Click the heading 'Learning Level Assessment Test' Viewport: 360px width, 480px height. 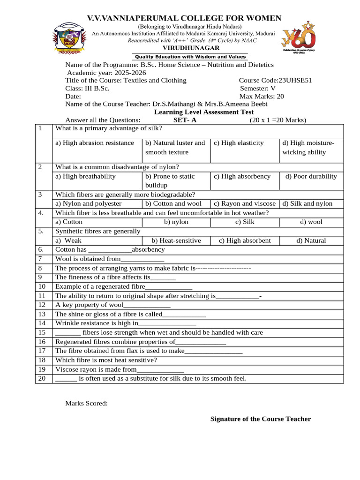pyautogui.click(x=204, y=112)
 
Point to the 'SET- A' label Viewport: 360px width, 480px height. pyautogui.click(x=185, y=120)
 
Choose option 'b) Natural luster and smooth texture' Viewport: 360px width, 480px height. pyautogui.click(x=175, y=147)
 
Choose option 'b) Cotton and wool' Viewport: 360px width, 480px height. pyautogui.click(x=173, y=203)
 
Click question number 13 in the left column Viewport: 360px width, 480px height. pyautogui.click(x=42, y=314)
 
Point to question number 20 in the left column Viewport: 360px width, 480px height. pyautogui.click(x=42, y=378)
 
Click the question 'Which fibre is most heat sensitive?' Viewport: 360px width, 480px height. pyautogui.click(x=106, y=360)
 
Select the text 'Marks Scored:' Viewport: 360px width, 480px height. pyautogui.click(x=86, y=403)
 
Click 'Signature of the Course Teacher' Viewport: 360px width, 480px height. pyautogui.click(x=260, y=419)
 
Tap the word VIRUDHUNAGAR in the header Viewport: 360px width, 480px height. pyautogui.click(x=184, y=48)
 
